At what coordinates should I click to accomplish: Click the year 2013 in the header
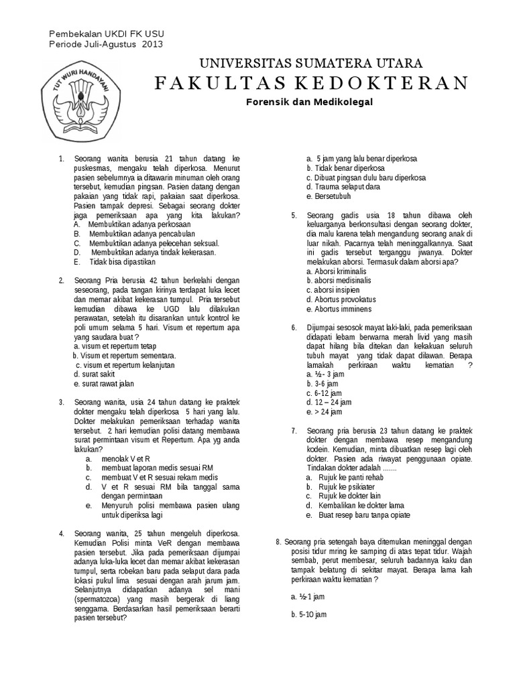click(152, 44)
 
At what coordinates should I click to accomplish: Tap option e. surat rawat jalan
click(104, 384)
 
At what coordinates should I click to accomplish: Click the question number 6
click(293, 328)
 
